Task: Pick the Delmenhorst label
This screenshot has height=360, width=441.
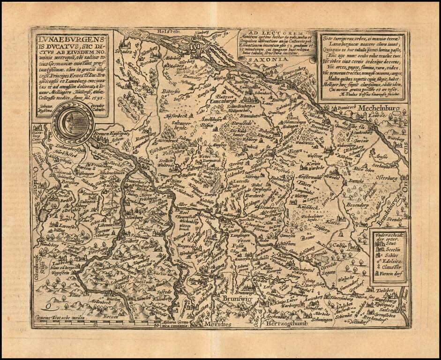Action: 55,151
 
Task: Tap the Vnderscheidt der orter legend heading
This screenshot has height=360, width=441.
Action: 387,237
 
